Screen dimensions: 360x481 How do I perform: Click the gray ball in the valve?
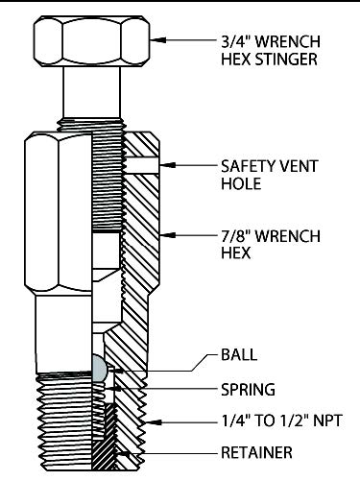(99, 368)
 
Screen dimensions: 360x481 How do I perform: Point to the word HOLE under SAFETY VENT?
(241, 183)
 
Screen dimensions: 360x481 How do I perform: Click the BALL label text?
(239, 355)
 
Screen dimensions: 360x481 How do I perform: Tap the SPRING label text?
(248, 390)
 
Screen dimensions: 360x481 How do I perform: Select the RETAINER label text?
(256, 452)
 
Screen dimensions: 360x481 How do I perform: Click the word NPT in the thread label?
(327, 421)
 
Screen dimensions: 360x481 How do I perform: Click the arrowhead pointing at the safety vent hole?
(167, 165)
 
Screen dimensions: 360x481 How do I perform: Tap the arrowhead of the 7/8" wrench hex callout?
(167, 235)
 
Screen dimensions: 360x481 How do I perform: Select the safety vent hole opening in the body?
(142, 165)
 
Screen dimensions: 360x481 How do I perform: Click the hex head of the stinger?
(91, 41)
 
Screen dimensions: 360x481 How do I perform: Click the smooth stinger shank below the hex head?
(92, 92)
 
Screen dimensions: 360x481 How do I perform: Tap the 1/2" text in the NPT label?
(295, 421)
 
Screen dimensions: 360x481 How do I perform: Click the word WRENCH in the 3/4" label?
(287, 41)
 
